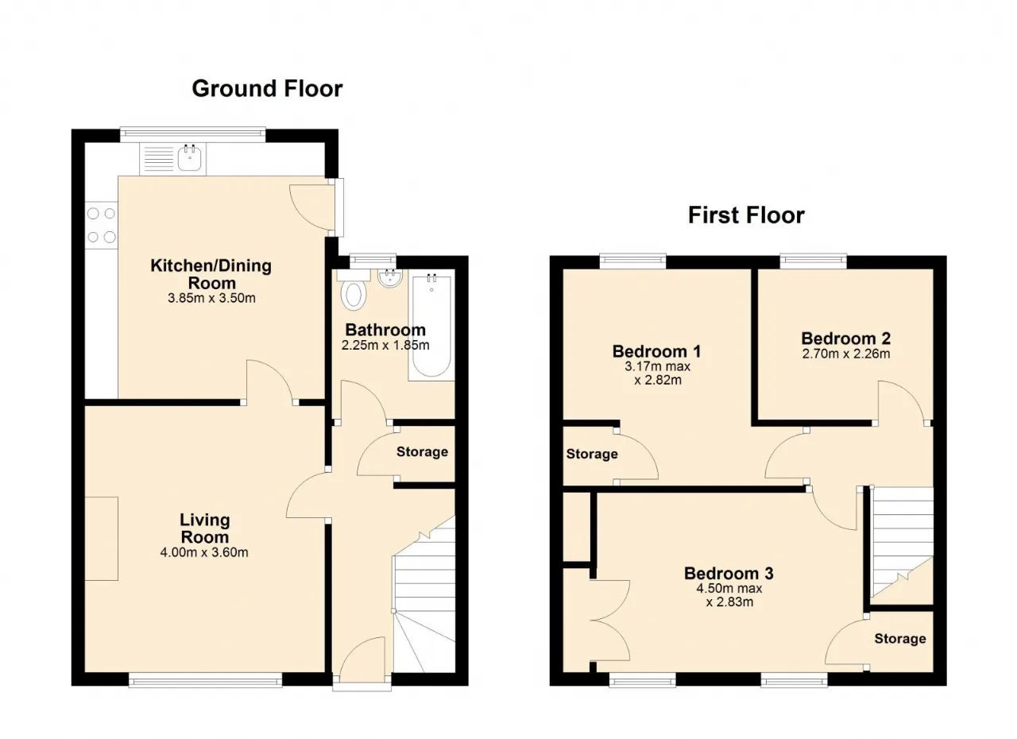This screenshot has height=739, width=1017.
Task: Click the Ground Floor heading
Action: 267,88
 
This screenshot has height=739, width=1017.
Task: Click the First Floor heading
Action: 746,215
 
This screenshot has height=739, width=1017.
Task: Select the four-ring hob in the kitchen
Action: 102,225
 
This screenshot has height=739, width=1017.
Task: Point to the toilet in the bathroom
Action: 354,291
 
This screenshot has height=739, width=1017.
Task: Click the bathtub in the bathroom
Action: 431,325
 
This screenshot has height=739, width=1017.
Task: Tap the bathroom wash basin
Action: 389,277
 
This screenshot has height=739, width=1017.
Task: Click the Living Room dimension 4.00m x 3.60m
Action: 204,552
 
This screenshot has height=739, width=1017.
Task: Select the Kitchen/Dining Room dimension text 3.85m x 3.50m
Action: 211,298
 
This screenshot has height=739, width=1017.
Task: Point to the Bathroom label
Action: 385,330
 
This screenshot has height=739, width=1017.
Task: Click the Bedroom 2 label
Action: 846,339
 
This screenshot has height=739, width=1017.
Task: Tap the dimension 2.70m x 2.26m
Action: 846,354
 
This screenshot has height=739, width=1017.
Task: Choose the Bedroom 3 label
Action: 729,573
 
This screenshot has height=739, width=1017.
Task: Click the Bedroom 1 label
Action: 657,351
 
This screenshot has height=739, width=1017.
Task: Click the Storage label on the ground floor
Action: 422,451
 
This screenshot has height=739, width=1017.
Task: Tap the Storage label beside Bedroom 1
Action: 592,454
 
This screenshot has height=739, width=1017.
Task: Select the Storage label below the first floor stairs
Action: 900,639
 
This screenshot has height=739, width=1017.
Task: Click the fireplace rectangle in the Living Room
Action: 102,539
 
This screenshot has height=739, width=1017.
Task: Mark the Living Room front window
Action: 205,679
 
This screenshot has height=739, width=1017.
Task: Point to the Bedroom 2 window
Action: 814,261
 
